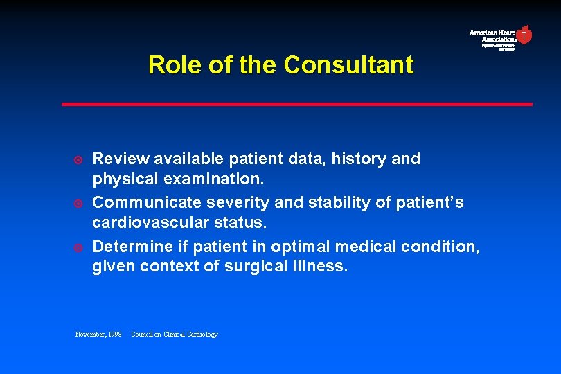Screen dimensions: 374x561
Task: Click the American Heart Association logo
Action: click(501, 37)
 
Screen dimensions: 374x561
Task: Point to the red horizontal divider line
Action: click(297, 104)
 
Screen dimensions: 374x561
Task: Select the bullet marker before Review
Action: click(79, 159)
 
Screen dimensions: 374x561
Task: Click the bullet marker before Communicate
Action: click(79, 204)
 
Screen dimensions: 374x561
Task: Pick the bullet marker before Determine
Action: click(79, 248)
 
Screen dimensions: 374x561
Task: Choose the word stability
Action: click(335, 202)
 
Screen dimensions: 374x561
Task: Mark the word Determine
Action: click(132, 247)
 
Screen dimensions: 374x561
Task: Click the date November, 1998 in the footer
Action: click(98, 335)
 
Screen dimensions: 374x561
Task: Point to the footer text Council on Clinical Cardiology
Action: click(174, 335)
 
